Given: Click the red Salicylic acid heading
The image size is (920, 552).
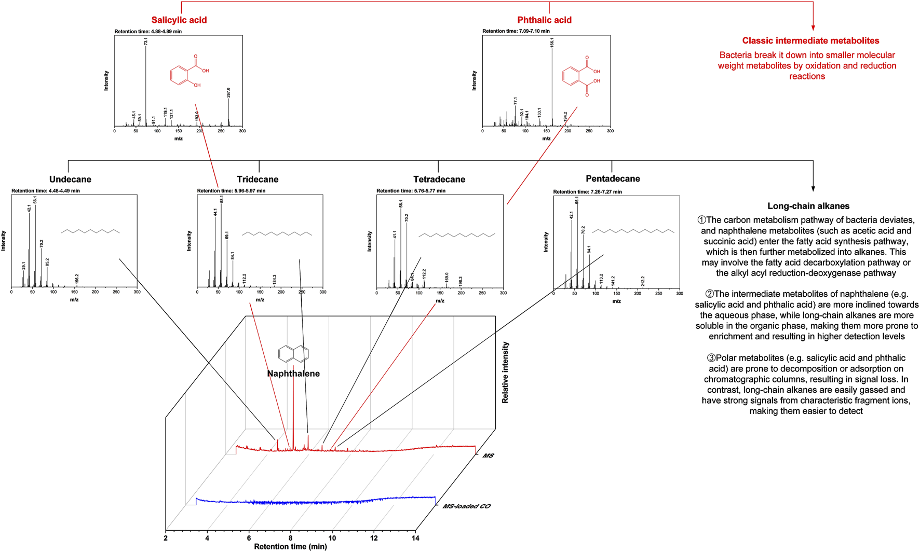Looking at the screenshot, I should (x=179, y=20).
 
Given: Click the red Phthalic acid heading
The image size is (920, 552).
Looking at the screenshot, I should (x=544, y=20).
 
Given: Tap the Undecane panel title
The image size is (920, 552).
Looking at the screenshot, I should (x=70, y=180).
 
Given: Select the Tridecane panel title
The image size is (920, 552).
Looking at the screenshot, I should (x=258, y=180).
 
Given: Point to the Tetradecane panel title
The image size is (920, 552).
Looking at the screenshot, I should (x=439, y=180).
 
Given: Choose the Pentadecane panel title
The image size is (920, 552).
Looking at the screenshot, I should (x=613, y=179).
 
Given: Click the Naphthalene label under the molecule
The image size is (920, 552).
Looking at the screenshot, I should (x=293, y=374).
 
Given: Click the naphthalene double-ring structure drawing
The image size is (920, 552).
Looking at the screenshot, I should (x=294, y=354).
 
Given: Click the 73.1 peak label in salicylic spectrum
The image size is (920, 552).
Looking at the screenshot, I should (x=146, y=40).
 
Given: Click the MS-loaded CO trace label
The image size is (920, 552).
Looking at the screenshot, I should (x=466, y=506).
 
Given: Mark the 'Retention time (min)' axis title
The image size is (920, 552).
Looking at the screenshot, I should (x=290, y=546).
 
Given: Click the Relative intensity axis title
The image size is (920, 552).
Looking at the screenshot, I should (x=505, y=372).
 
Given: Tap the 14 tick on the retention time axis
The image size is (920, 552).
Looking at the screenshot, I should (x=415, y=538).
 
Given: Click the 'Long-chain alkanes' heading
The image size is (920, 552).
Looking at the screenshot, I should (x=808, y=206).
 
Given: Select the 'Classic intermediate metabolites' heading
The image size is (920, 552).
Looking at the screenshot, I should (x=810, y=40).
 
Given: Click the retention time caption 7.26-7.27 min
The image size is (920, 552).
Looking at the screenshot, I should (x=587, y=192).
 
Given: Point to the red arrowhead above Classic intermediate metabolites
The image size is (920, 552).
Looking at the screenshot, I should (x=813, y=27).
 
